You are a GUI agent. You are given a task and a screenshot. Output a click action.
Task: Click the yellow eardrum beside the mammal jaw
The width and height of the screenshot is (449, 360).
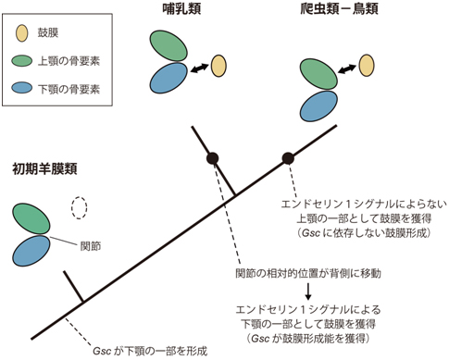pyautogui.click(x=218, y=66)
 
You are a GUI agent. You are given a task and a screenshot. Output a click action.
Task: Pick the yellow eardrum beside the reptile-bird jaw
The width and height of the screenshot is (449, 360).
pyautogui.click(x=367, y=65)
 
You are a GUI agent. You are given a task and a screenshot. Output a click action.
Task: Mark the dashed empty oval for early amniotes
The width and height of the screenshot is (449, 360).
pyautogui.click(x=81, y=209)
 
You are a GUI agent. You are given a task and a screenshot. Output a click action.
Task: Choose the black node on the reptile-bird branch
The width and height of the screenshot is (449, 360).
pyautogui.click(x=288, y=157)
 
